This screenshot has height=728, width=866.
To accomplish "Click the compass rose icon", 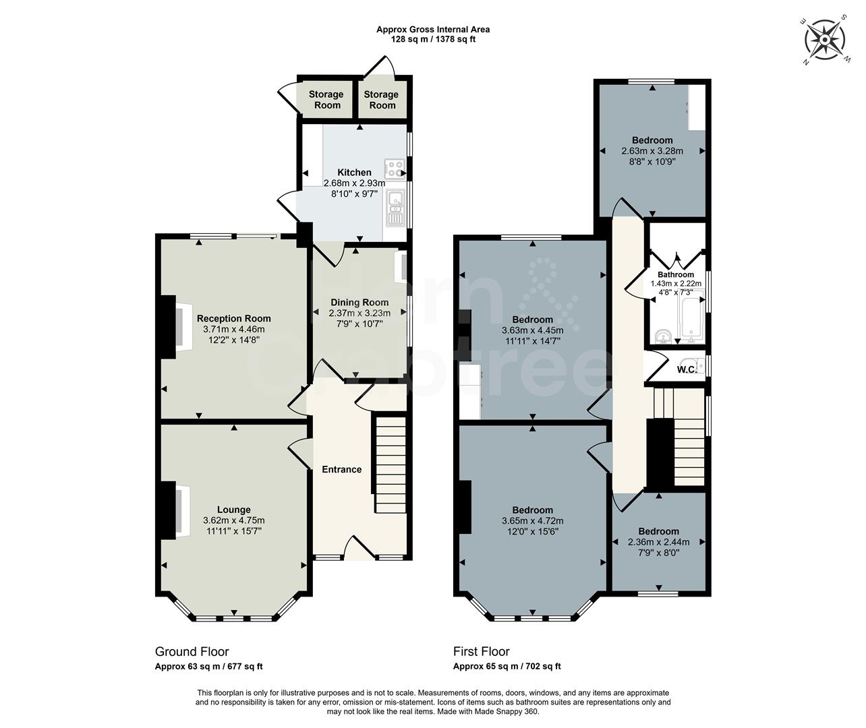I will [x=825, y=41].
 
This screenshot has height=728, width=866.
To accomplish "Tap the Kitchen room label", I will [x=354, y=173].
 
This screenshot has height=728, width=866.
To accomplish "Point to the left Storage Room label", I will [x=326, y=100].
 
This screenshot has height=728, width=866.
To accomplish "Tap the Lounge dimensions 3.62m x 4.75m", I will [x=233, y=520].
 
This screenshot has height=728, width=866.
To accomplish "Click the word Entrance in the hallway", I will [x=341, y=469].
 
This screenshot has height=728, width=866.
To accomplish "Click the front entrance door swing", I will [x=359, y=548].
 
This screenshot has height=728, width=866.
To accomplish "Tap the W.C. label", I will [x=687, y=369].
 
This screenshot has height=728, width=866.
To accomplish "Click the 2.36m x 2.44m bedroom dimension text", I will [x=658, y=542].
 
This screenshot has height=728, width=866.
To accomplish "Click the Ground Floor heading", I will [x=192, y=652].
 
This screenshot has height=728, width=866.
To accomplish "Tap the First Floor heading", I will [x=481, y=652].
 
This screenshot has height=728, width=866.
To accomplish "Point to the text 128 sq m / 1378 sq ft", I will [x=433, y=39].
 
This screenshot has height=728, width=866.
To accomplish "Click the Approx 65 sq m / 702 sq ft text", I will [x=507, y=667].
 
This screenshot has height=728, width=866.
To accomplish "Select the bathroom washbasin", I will [x=662, y=336].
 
